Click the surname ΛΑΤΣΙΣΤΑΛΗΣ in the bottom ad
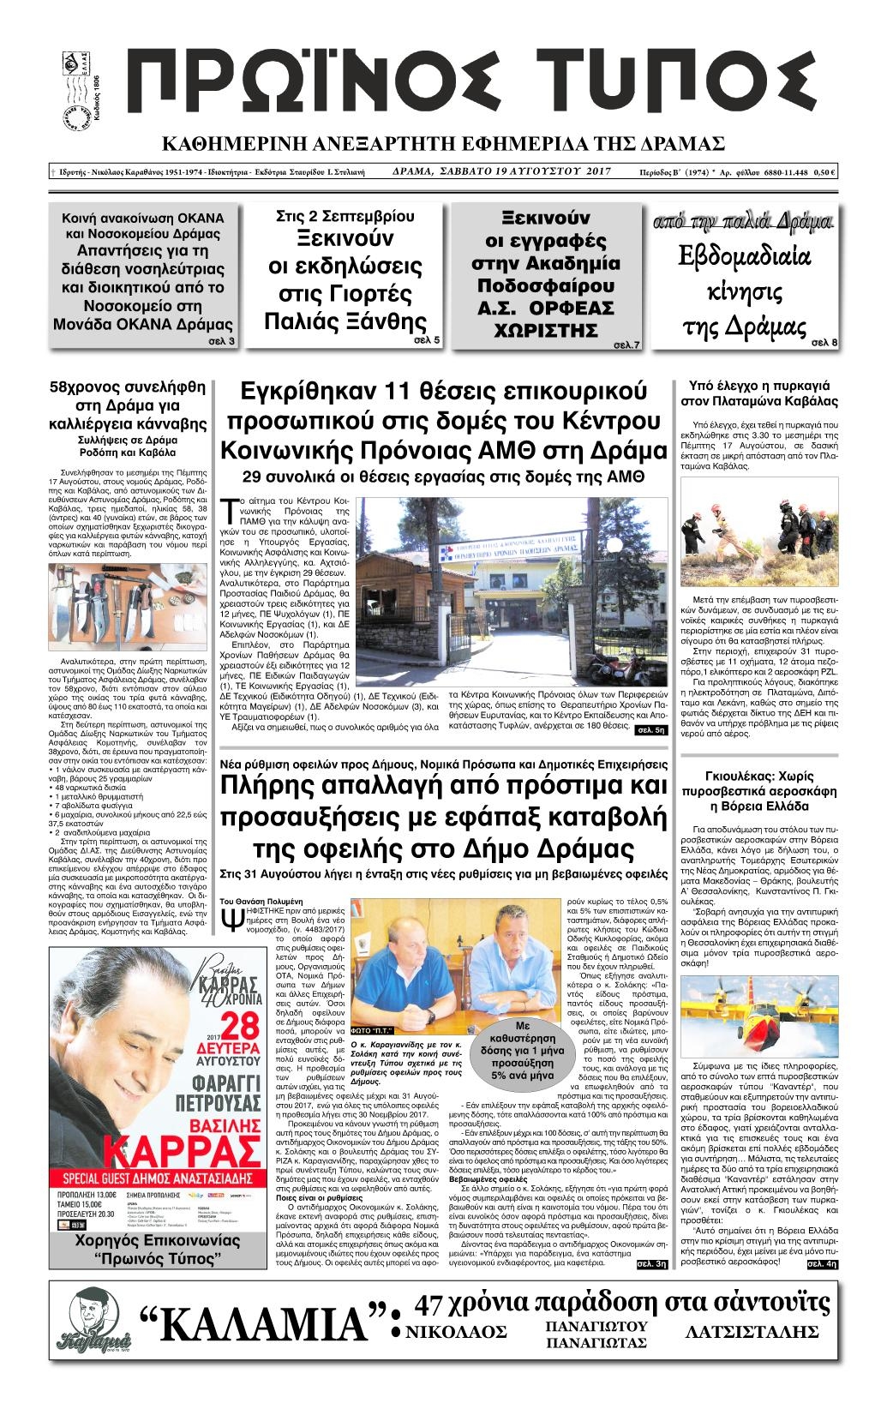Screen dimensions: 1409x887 (x=754, y=1332)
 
